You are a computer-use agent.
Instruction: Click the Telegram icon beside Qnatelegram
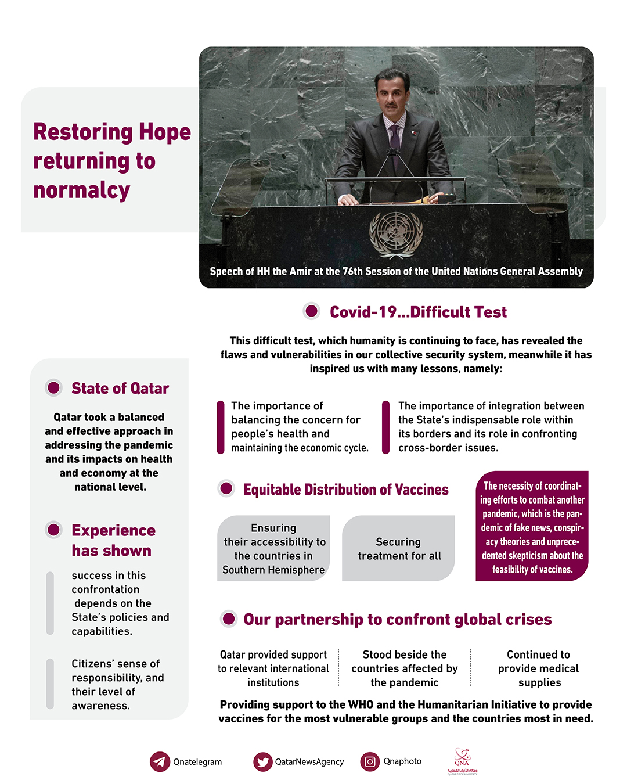[x=160, y=761]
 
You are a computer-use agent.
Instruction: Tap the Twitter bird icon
[x=263, y=761]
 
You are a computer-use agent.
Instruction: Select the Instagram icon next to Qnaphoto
[x=370, y=761]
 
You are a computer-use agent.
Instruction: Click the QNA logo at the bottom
[x=462, y=761]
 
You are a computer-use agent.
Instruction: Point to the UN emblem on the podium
[x=396, y=233]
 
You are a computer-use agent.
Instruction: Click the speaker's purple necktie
[x=395, y=145]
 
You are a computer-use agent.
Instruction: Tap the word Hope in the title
[x=164, y=132]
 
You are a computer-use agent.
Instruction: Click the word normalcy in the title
[x=82, y=190]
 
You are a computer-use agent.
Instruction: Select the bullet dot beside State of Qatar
[x=54, y=387]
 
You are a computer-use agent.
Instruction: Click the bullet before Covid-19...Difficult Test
[x=312, y=311]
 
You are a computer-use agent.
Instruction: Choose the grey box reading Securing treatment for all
[x=399, y=548]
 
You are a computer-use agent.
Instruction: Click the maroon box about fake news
[x=532, y=526]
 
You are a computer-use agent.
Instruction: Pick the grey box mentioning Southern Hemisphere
[x=273, y=548]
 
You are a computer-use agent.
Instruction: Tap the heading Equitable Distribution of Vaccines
[x=346, y=490]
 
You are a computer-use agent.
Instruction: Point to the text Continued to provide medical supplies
[x=539, y=668]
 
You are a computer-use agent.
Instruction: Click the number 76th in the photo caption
[x=352, y=271]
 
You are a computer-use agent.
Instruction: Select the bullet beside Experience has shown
[x=54, y=530]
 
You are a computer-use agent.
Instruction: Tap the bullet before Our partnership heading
[x=229, y=619]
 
